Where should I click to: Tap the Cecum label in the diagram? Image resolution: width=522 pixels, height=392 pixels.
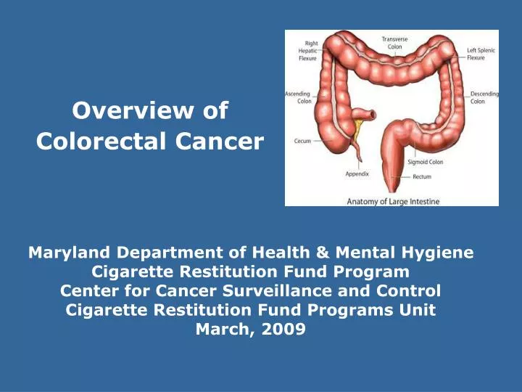point(303,141)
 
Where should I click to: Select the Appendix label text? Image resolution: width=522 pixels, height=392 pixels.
point(357,174)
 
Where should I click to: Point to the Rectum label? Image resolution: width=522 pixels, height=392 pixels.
point(423,177)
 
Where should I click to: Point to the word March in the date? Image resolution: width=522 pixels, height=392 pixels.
point(222,330)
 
